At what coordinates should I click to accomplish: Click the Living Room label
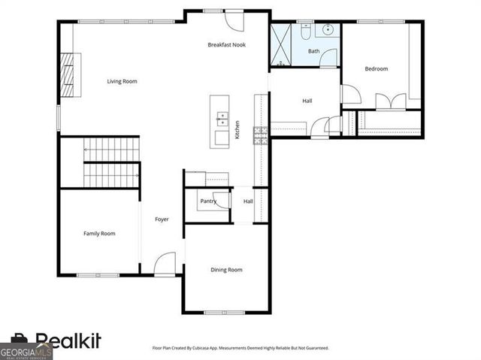click(x=122, y=81)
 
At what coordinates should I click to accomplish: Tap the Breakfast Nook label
click(x=226, y=45)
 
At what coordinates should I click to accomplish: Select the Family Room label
click(x=99, y=234)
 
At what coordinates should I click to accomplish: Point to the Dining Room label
click(x=226, y=270)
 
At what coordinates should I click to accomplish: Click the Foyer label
click(x=162, y=219)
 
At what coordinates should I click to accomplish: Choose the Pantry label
click(x=208, y=201)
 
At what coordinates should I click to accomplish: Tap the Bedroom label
click(x=377, y=69)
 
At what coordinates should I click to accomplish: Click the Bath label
click(x=313, y=51)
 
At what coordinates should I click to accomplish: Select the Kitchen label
click(x=237, y=130)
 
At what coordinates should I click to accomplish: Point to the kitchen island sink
click(x=222, y=118)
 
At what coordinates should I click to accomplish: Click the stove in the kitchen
click(x=261, y=135)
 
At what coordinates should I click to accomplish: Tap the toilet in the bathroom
click(x=306, y=32)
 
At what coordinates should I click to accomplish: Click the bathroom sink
click(x=328, y=32)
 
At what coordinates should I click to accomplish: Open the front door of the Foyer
click(x=165, y=265)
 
